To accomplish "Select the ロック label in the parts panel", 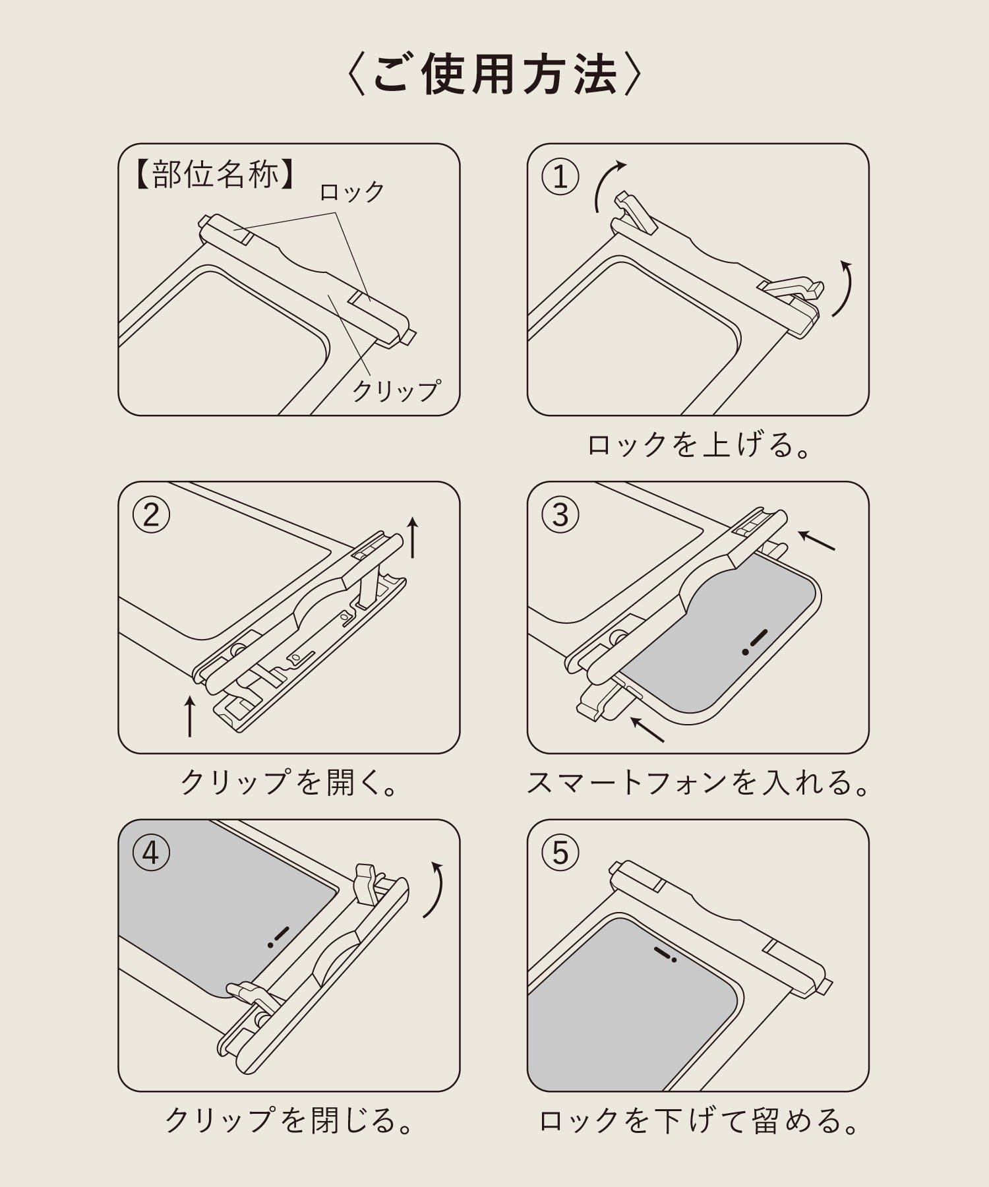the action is (351, 192).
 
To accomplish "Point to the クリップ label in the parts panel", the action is (395, 390).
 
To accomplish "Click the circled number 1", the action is (560, 177).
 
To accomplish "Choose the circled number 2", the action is (151, 515).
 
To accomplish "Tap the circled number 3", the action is (560, 515).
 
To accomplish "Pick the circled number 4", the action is (151, 853).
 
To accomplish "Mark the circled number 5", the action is (560, 853).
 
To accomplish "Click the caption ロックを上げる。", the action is (698, 446).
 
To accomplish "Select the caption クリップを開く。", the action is (289, 783).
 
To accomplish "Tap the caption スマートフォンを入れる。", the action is (698, 783).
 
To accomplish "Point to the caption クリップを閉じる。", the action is (289, 1120).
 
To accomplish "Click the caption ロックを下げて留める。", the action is (698, 1120).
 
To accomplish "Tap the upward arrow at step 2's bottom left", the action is (190, 716).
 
